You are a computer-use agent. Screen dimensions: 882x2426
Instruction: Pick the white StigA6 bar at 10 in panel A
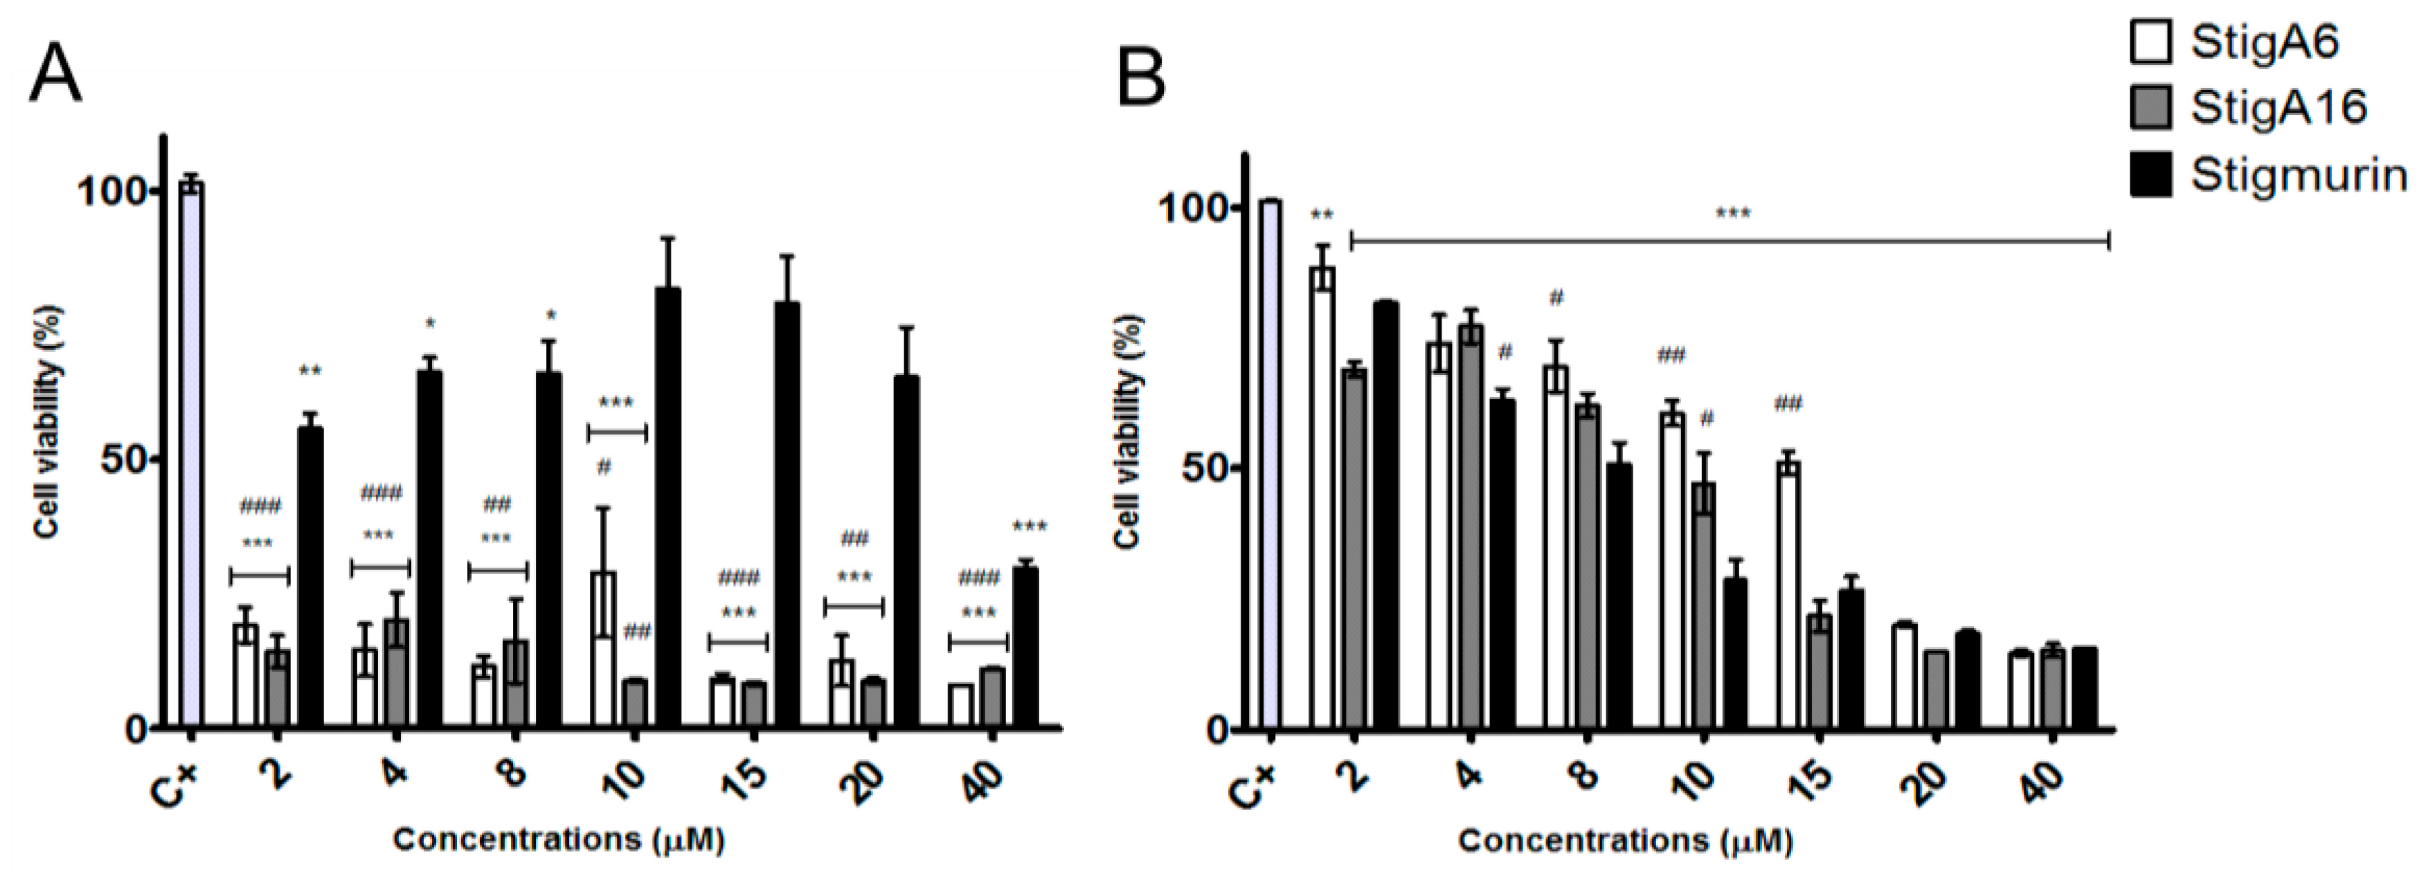point(603,649)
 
